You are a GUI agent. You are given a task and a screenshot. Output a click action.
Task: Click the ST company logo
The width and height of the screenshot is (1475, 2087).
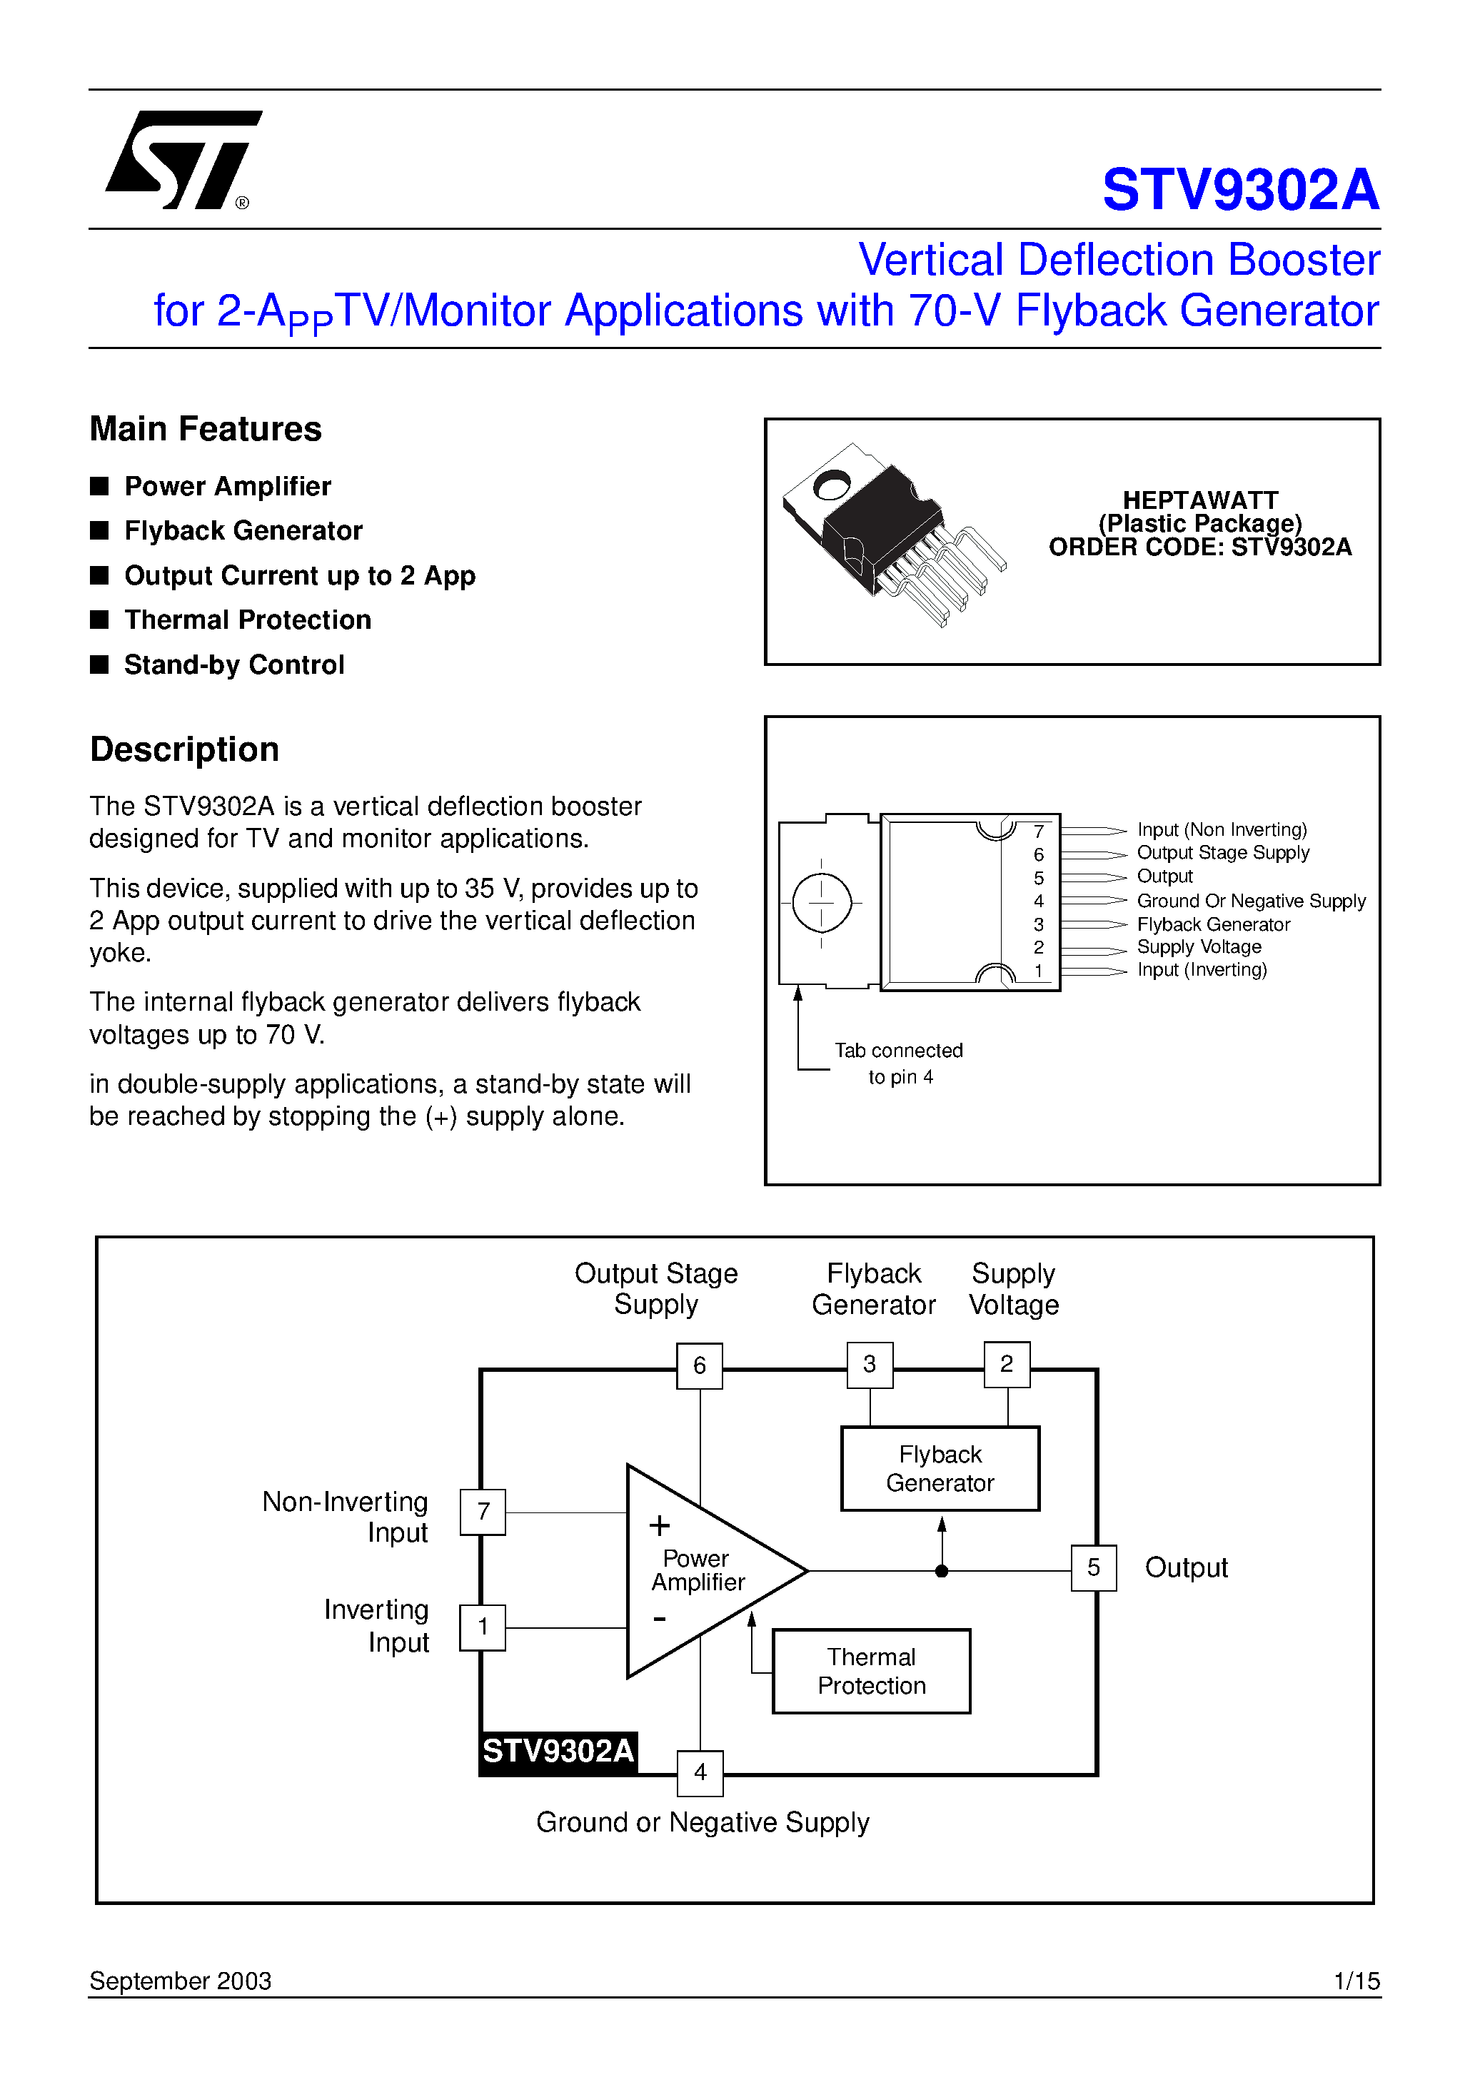182,160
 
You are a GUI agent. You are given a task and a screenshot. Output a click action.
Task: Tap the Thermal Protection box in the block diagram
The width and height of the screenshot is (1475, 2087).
871,1671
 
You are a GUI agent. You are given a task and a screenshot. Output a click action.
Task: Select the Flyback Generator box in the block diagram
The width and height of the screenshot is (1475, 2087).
940,1468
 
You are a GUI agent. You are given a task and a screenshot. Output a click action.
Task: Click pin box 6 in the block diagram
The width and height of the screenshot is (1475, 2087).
700,1365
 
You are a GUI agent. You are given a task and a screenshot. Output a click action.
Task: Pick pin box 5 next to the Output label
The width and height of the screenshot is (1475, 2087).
1093,1567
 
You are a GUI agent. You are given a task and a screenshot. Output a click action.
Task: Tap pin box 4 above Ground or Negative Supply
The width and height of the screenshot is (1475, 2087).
700,1772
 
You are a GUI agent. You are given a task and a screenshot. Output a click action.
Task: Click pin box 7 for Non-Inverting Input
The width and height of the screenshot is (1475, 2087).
483,1512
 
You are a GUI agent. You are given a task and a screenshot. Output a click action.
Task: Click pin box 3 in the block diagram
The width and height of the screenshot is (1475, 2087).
870,1365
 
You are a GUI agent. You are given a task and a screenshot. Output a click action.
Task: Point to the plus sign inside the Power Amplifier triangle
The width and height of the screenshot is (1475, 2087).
659,1525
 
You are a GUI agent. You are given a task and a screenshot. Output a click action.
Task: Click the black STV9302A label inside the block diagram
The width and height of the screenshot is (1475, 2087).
558,1751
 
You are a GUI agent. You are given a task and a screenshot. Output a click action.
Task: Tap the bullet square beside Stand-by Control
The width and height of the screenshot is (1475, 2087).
100,664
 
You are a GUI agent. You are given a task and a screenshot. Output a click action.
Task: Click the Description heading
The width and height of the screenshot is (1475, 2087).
185,749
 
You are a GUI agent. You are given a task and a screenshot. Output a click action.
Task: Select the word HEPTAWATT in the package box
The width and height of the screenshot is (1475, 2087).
1199,500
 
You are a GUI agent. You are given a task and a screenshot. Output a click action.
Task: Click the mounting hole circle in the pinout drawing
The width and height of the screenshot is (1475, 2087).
821,903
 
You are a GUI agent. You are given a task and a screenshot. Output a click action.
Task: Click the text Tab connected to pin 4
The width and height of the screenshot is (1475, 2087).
898,1063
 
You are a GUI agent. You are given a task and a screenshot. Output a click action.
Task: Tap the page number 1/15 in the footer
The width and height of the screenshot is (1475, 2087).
1356,1981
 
